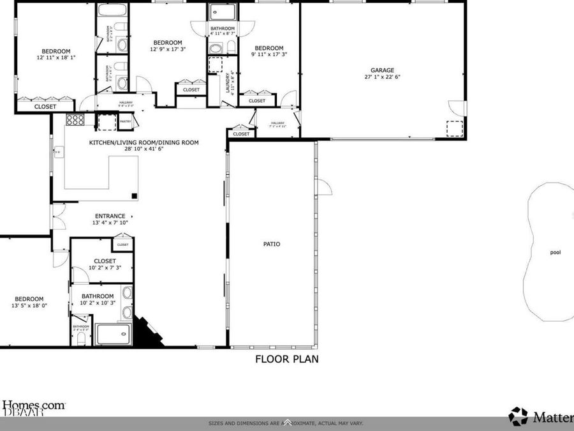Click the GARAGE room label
[x=383, y=70]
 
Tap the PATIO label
[x=272, y=244]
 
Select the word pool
[x=556, y=252]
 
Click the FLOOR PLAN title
[x=287, y=359]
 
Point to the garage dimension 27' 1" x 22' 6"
[x=383, y=77]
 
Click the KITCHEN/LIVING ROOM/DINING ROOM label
[x=144, y=142]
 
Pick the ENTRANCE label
[x=110, y=216]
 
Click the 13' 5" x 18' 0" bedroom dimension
[x=29, y=306]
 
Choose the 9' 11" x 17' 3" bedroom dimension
[x=269, y=55]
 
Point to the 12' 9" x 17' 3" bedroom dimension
[x=168, y=49]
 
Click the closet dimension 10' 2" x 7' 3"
[x=105, y=268]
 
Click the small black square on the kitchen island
[x=134, y=196]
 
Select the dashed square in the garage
[x=454, y=128]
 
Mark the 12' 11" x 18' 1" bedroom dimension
[x=56, y=57]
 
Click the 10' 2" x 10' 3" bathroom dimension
[x=98, y=303]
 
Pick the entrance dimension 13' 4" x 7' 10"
[x=110, y=223]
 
